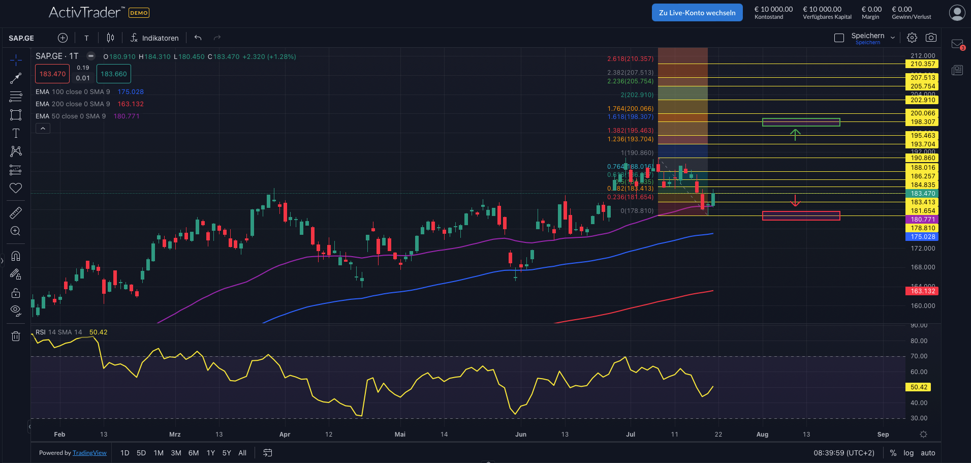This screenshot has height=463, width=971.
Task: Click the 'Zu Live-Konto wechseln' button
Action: [x=697, y=13]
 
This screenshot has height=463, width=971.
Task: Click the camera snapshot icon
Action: [x=931, y=38]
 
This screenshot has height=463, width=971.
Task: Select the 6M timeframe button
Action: [x=194, y=453]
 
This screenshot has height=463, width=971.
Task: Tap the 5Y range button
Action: [x=227, y=453]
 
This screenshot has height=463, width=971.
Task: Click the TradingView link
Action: [x=89, y=453]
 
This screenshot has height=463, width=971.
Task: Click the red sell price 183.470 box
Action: [x=52, y=74]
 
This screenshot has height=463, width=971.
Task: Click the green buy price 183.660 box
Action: [x=114, y=74]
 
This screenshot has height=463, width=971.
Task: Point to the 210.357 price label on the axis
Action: [x=922, y=64]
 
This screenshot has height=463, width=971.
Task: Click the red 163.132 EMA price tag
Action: [x=922, y=291]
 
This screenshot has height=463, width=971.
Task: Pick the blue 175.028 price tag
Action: [x=922, y=237]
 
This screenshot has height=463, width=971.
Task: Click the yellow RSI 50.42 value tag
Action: [x=919, y=387]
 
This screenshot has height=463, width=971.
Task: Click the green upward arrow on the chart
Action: [x=795, y=134]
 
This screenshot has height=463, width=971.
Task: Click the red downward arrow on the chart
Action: [x=795, y=201]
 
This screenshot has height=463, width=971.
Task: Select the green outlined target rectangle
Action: [x=801, y=122]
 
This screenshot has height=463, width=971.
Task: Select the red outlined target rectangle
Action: [x=801, y=216]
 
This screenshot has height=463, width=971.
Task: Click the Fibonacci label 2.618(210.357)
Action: [x=630, y=59]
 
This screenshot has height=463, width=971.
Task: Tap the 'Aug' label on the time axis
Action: [x=762, y=435]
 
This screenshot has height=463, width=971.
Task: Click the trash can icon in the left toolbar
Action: [x=16, y=336]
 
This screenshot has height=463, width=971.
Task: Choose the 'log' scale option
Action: [x=909, y=453]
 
